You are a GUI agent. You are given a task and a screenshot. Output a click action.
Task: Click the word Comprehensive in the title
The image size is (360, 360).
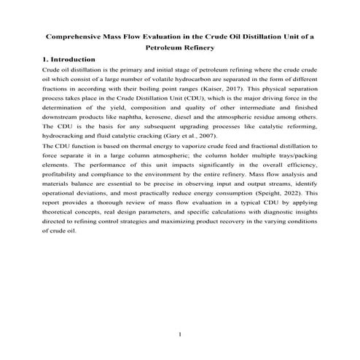[77, 35]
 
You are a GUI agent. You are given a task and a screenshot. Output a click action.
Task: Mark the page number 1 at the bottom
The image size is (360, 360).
[179, 334]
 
